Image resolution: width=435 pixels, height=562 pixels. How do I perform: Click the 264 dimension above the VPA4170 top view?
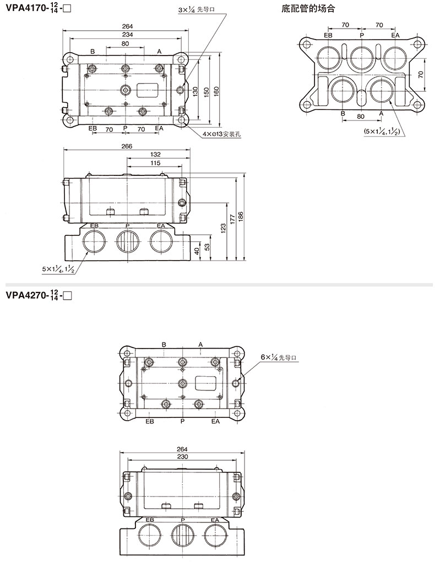(x=127, y=26)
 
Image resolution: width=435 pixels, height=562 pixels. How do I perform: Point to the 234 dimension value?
(x=127, y=35)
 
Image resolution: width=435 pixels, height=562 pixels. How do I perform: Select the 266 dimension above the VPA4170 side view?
(x=127, y=146)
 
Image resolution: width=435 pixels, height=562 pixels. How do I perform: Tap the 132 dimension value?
(x=155, y=155)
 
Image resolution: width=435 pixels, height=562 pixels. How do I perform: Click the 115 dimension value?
(x=155, y=163)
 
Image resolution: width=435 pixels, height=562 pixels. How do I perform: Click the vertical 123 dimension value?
(x=223, y=229)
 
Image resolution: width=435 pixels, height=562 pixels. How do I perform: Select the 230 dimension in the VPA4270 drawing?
(x=182, y=457)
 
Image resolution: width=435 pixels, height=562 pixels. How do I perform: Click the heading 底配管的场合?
(x=308, y=9)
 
